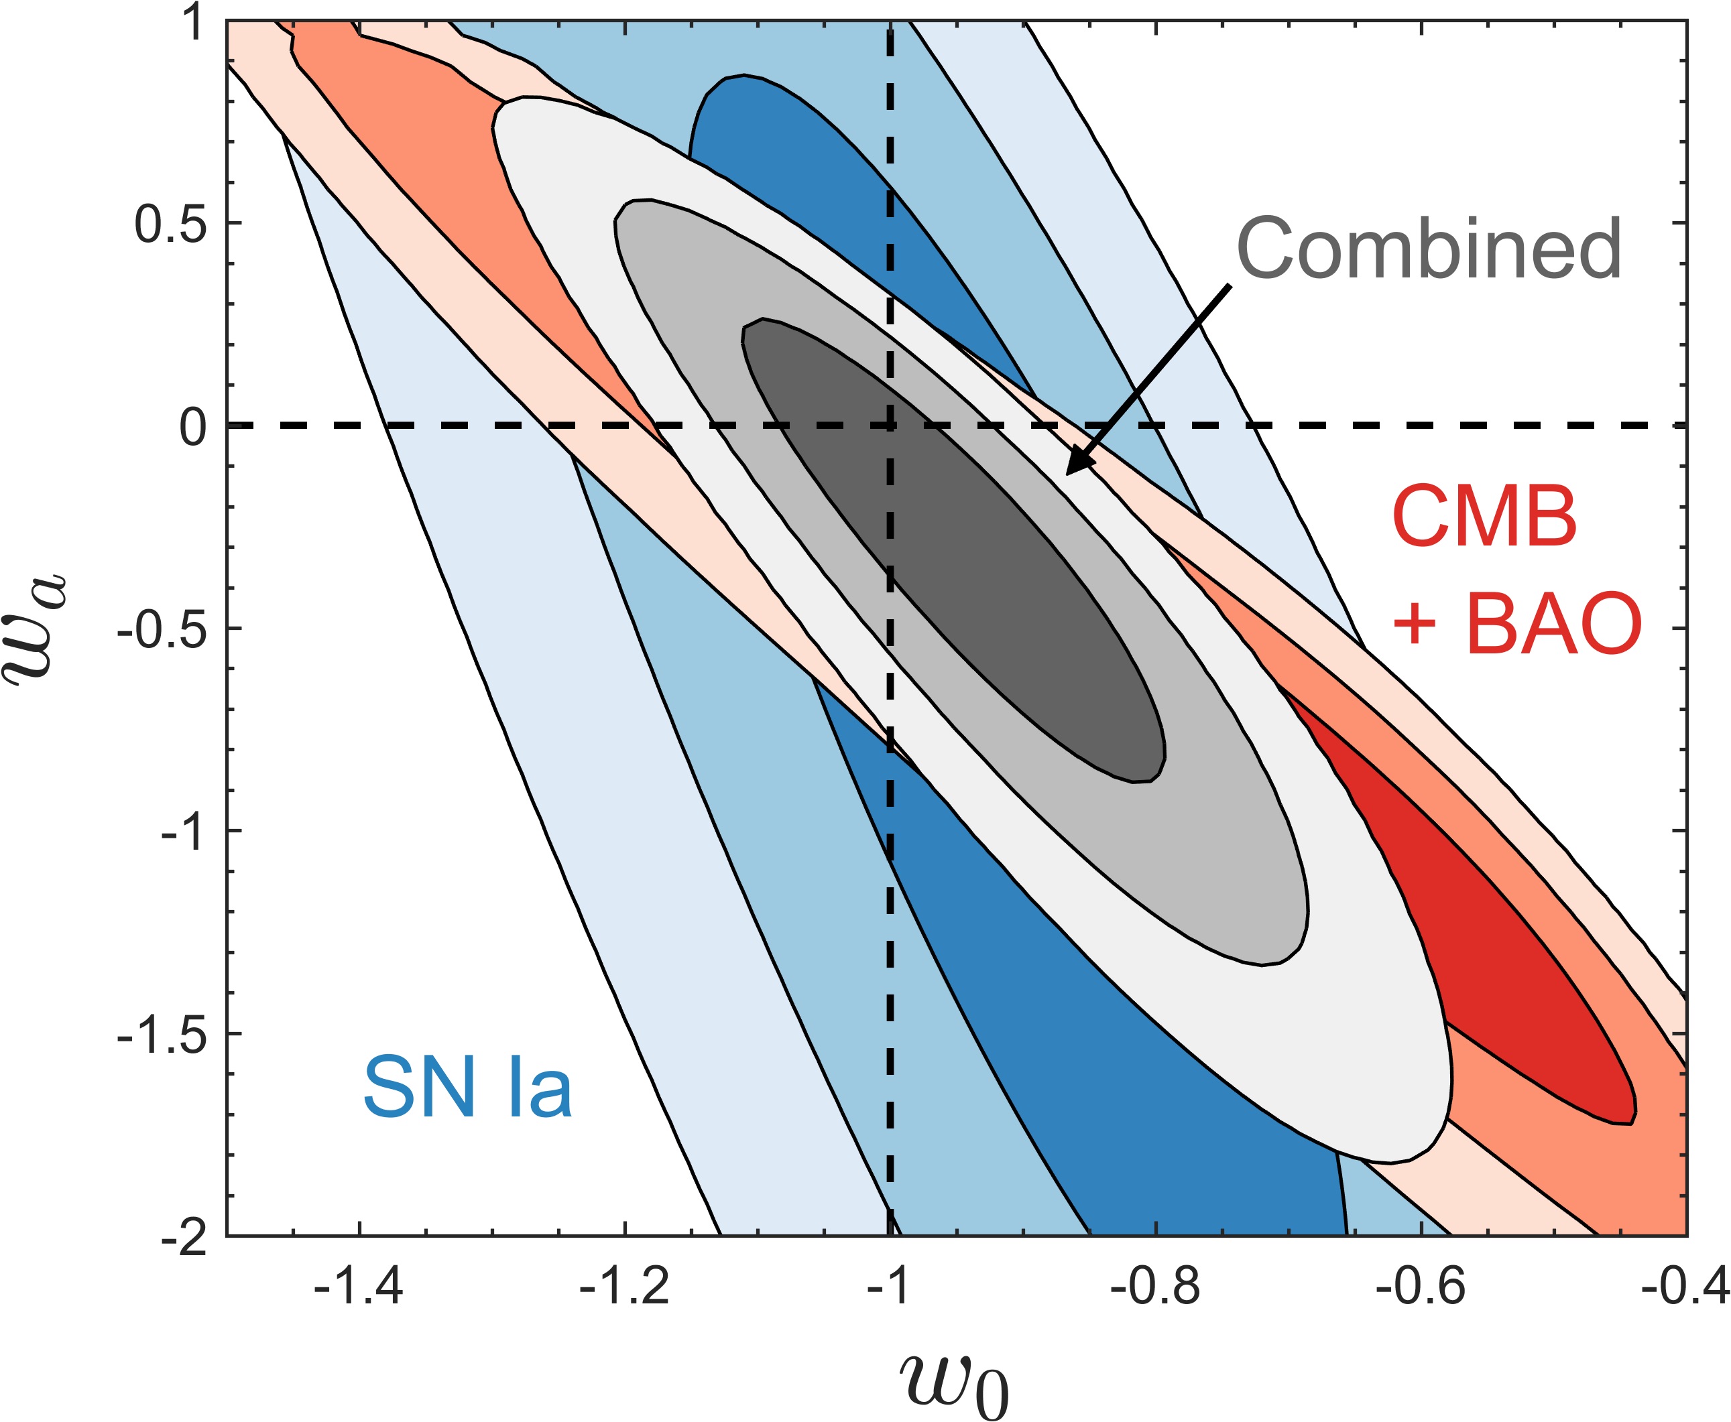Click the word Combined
[x=1429, y=249]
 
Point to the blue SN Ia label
[x=467, y=1088]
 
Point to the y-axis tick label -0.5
[x=162, y=629]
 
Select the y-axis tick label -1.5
[x=162, y=1034]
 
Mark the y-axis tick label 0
[x=192, y=426]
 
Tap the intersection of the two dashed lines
[x=890, y=425]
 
